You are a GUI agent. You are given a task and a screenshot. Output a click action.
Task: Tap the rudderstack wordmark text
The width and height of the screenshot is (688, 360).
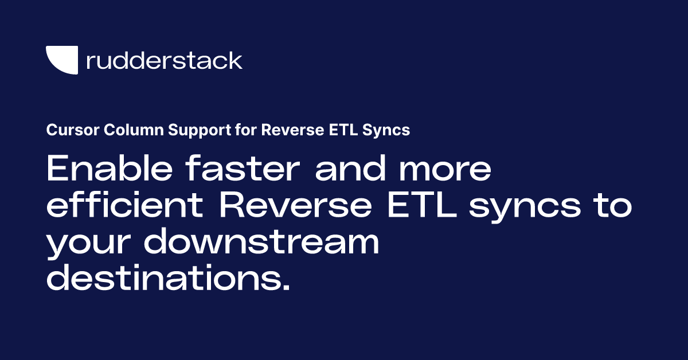coord(164,61)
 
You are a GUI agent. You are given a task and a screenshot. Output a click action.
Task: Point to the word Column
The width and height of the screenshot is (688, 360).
coord(127,131)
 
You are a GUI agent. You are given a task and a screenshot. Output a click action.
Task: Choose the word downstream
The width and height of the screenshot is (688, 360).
coord(261,242)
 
